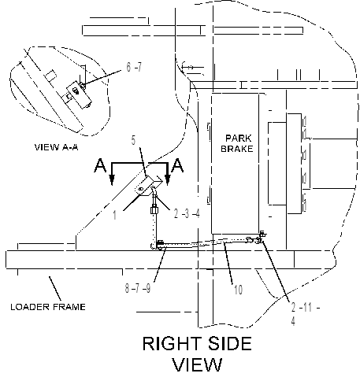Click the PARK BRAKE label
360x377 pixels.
tap(237, 143)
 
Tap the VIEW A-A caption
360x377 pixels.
tap(57, 147)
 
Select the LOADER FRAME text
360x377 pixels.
tap(48, 307)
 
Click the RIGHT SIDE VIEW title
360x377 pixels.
tap(198, 354)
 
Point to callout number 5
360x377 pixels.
tap(133, 140)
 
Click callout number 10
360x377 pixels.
tap(238, 290)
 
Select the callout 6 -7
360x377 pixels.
tap(134, 67)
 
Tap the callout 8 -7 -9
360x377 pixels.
tap(138, 288)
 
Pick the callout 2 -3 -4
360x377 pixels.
tap(187, 214)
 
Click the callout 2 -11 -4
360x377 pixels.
tap(305, 314)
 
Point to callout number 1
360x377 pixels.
tap(114, 215)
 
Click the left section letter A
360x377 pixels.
tap(100, 165)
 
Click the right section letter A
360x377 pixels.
tap(177, 165)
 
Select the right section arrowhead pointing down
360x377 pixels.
tap(167, 179)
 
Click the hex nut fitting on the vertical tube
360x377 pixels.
tap(154, 210)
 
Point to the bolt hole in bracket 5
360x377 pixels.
tap(140, 189)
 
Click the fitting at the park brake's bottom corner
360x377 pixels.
tap(262, 237)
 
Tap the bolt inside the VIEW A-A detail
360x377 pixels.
tap(76, 91)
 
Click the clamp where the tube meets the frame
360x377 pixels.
tap(160, 245)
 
